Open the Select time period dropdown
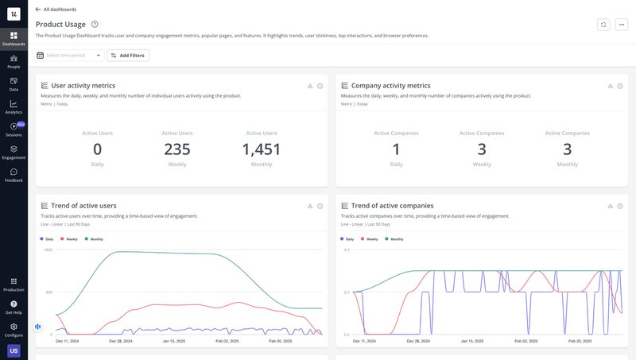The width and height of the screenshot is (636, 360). click(x=69, y=56)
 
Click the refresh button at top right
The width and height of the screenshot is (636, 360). click(x=603, y=25)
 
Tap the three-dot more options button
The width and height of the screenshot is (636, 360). click(x=622, y=25)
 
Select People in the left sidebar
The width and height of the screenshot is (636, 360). click(x=14, y=61)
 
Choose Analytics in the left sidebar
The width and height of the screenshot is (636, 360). click(x=14, y=106)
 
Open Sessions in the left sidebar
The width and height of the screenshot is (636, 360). click(x=14, y=129)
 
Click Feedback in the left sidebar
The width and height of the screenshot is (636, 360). click(x=14, y=175)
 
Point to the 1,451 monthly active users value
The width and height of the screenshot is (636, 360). click(x=262, y=149)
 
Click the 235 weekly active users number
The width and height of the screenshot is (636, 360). click(x=176, y=149)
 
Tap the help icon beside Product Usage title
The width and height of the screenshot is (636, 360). click(x=95, y=25)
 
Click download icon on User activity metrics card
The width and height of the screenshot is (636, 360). click(x=310, y=86)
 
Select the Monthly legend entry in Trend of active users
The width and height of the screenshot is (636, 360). click(x=95, y=239)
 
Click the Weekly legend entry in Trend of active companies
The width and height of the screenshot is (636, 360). click(x=371, y=239)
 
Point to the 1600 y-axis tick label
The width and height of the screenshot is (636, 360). click(x=48, y=250)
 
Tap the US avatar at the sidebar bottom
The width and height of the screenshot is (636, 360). click(x=14, y=350)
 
